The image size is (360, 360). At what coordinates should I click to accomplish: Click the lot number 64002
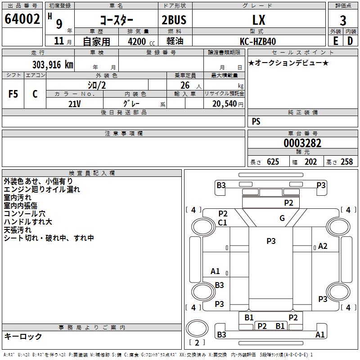[x=22, y=20]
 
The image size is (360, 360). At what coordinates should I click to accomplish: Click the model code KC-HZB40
[x=258, y=41]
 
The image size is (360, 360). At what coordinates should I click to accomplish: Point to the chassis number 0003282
[x=302, y=144]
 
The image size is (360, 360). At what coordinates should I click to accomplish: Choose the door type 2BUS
[x=174, y=20]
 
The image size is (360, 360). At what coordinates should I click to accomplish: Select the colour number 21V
[x=75, y=103]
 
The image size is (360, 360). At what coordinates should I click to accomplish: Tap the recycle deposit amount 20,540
[x=223, y=103]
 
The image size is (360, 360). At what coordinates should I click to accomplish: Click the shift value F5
[x=13, y=94]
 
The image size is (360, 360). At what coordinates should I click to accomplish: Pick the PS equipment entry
[x=256, y=121]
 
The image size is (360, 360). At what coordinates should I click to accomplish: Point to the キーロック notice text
[x=23, y=336]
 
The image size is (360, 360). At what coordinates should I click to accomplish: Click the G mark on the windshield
[x=282, y=218]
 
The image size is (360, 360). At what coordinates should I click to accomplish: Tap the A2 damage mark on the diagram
[x=323, y=246]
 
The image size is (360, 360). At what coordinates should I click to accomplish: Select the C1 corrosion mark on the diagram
[x=223, y=222]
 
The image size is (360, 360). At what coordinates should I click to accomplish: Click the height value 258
[x=346, y=162]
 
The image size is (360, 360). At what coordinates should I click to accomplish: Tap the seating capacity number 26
[x=185, y=85]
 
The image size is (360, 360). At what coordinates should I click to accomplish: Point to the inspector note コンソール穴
[x=24, y=214]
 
